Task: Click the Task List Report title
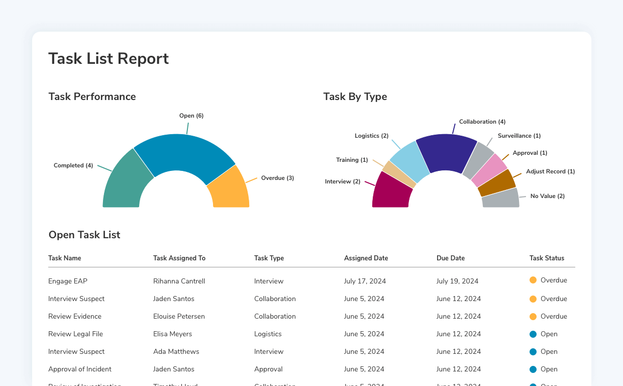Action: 109,59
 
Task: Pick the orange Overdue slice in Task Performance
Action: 229,190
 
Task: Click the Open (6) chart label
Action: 191,116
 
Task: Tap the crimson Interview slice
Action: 392,192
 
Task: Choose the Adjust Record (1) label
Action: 550,171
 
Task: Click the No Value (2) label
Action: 547,196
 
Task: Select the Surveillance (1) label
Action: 519,136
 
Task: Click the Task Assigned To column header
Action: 179,258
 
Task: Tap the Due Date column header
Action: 451,258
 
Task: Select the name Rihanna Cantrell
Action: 179,281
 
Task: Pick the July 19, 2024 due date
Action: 457,281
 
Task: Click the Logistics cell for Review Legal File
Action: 268,334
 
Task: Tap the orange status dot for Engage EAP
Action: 533,280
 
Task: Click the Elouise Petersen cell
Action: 179,316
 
